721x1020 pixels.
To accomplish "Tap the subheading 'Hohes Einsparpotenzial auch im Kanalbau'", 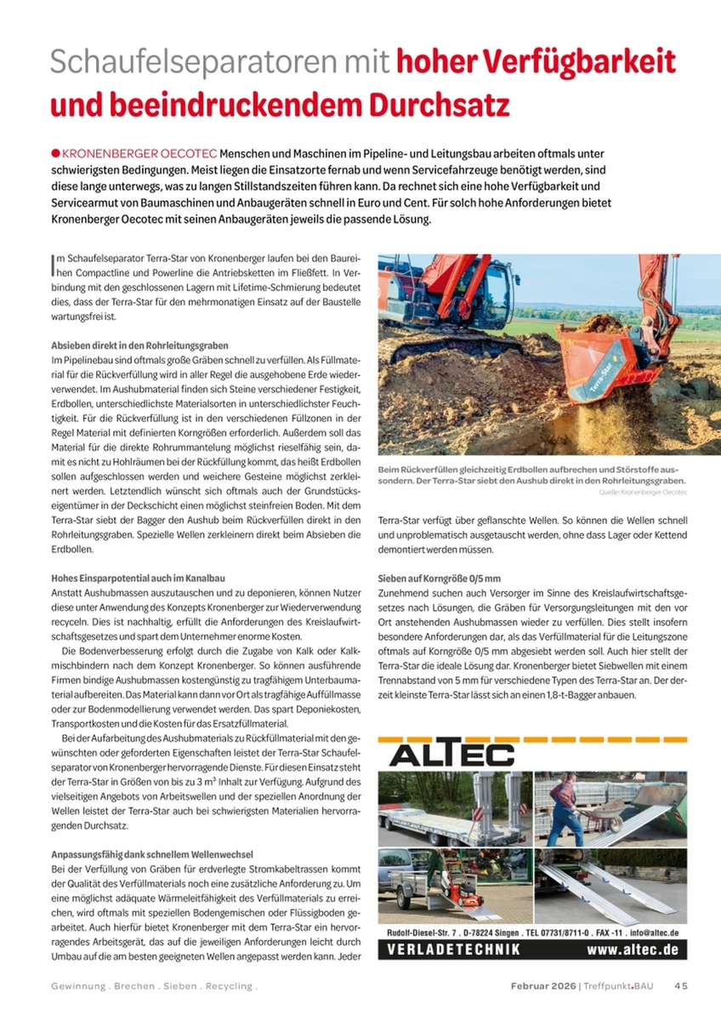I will tap(138, 578).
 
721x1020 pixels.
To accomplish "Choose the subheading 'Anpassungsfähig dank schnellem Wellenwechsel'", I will tap(151, 853).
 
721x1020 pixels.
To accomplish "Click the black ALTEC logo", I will tap(453, 755).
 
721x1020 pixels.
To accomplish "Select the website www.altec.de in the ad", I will tap(632, 949).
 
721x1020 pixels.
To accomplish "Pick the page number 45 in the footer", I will tap(681, 986).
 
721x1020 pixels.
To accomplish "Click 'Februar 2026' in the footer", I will tap(542, 986).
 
